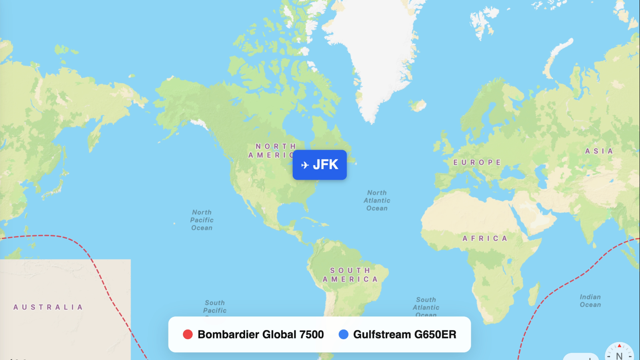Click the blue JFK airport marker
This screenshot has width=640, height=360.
[x=320, y=165]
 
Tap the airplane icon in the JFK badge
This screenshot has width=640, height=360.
[x=305, y=165]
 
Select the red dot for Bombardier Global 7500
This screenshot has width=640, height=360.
[x=188, y=334]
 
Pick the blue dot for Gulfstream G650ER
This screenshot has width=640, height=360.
[x=343, y=334]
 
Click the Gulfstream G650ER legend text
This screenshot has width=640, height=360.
[x=404, y=334]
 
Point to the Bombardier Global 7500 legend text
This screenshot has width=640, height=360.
[x=260, y=334]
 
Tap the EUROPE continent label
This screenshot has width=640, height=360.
[x=477, y=162]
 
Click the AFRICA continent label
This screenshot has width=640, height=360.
[x=485, y=238]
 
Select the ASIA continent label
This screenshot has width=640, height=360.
[x=599, y=151]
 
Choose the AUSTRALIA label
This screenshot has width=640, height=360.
[x=48, y=307]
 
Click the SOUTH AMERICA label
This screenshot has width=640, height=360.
[x=350, y=275]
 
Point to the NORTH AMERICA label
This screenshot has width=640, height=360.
[x=272, y=151]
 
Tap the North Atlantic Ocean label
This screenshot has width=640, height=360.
[x=377, y=200]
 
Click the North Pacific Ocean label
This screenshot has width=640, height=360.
[x=202, y=220]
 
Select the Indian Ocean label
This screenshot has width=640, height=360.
[x=590, y=301]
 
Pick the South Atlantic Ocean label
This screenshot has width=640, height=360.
[x=426, y=307]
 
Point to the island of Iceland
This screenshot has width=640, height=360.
[x=418, y=106]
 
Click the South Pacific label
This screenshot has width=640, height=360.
[x=215, y=307]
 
